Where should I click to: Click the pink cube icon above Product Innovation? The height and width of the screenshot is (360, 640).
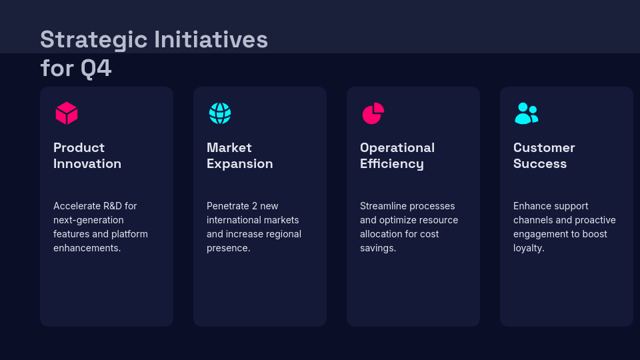click(67, 113)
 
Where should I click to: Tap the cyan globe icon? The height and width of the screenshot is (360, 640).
click(220, 113)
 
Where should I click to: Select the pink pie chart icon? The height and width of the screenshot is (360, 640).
click(373, 113)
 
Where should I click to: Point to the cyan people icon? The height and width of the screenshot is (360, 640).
click(526, 113)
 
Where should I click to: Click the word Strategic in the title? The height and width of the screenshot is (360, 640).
click(93, 40)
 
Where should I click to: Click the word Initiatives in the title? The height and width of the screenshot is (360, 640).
click(211, 40)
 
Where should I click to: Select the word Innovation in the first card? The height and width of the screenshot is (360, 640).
click(87, 164)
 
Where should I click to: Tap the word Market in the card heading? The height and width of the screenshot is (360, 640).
click(229, 148)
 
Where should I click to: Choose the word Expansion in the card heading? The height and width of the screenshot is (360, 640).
click(240, 164)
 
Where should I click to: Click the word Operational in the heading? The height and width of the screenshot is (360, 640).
click(397, 148)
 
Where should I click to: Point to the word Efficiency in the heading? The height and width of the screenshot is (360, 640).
click(392, 164)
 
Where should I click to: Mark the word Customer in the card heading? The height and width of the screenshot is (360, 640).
click(544, 148)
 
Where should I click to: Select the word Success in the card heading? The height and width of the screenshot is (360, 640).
click(540, 164)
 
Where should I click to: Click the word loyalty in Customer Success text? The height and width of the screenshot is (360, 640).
click(528, 248)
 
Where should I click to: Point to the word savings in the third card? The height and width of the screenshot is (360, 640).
click(377, 248)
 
